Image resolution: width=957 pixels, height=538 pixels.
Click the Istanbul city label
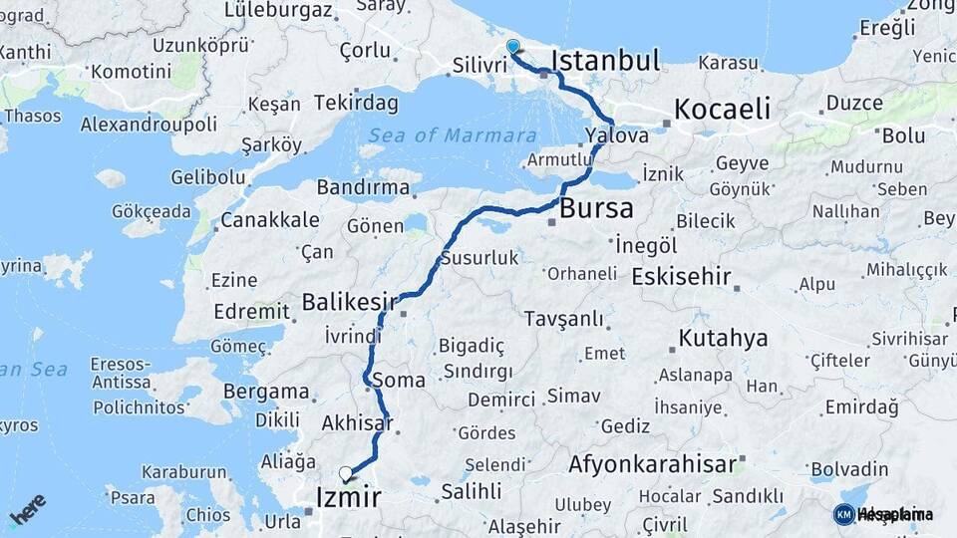click(x=605, y=61)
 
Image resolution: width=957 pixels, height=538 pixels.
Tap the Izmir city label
click(x=348, y=497)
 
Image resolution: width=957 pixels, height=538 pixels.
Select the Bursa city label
click(x=596, y=209)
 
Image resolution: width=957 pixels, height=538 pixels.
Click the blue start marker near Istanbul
click(x=512, y=47)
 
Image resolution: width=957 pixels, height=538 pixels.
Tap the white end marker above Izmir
click(x=346, y=473)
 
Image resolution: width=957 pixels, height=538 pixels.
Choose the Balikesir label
click(x=350, y=301)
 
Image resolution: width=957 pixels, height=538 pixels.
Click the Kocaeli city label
click(x=723, y=109)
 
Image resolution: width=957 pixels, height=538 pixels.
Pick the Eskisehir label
click(x=682, y=277)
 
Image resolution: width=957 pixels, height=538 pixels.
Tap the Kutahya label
click(x=723, y=338)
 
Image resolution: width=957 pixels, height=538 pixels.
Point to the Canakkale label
click(x=270, y=220)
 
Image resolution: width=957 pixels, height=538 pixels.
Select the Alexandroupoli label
click(x=149, y=125)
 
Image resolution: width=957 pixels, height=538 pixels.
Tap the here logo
click(x=27, y=509)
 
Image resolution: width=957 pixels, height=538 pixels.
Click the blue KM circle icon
click(x=843, y=514)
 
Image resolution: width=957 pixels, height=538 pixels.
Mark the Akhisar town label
click(x=357, y=423)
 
